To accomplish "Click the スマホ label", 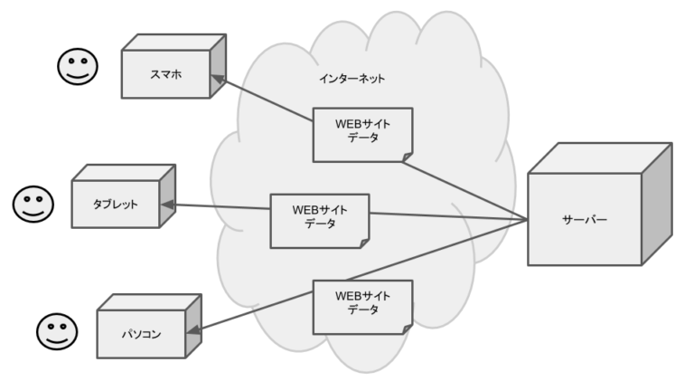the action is click(166, 74).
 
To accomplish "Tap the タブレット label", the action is click(115, 205).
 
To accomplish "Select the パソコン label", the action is click(141, 334).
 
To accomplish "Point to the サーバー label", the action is click(585, 219).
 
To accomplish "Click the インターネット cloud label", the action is click(352, 79).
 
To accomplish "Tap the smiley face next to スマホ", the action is click(78, 66).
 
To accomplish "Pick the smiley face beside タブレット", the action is click(33, 204).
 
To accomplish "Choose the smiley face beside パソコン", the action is click(57, 331).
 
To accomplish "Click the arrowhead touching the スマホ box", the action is click(218, 80).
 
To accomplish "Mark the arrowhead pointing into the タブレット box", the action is click(167, 205).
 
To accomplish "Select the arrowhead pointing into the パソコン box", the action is click(194, 329).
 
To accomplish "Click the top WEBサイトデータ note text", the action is click(362, 130).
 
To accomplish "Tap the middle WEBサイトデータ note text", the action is click(320, 217).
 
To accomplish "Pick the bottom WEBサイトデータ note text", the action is click(362, 303).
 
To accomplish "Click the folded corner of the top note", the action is click(408, 157).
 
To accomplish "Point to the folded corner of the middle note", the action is click(364, 243).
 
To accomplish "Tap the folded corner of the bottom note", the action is click(408, 329).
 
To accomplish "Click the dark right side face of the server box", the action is click(657, 204).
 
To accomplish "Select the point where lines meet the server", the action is click(528, 219).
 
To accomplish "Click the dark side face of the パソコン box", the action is click(193, 326).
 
